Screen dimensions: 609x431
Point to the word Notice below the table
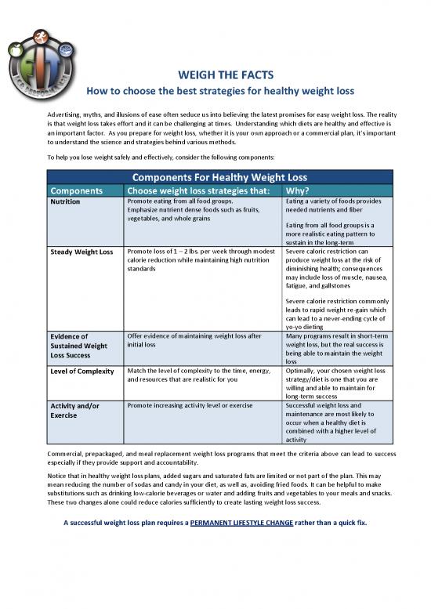[x=60, y=473]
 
